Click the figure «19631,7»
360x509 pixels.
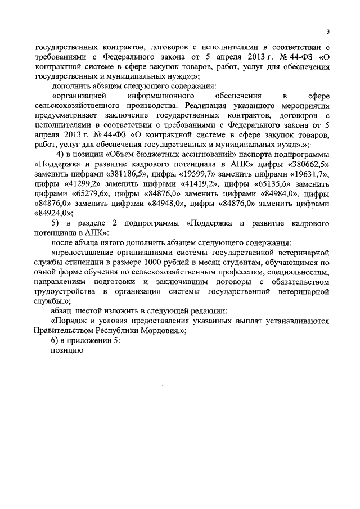(x=309, y=174)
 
